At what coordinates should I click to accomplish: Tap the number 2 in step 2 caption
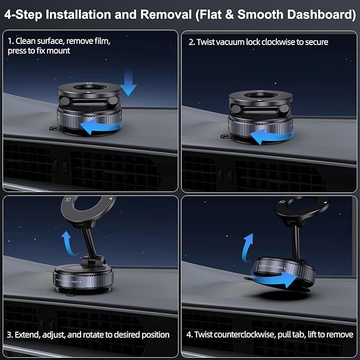[191, 42]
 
